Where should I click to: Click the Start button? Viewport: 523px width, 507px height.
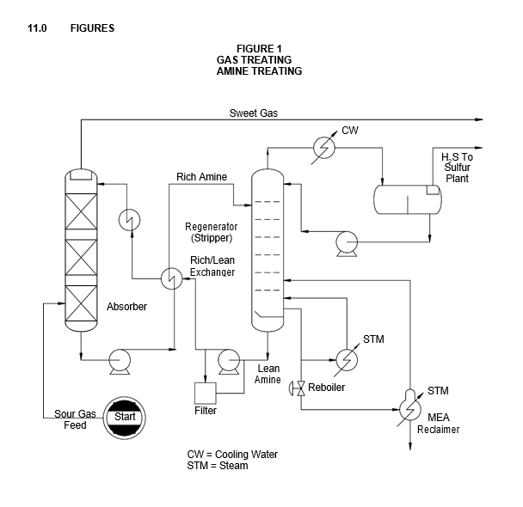tap(125, 418)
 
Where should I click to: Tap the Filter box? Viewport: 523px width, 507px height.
tap(205, 394)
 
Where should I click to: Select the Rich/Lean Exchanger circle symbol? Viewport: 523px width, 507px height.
tap(172, 278)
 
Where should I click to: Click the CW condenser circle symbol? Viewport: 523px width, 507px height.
tap(324, 148)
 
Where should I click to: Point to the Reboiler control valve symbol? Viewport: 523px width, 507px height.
tap(298, 388)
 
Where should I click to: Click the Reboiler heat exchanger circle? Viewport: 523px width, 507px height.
tap(347, 360)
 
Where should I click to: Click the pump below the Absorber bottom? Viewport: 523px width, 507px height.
tap(120, 362)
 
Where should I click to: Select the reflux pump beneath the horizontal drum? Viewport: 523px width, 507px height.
tap(347, 243)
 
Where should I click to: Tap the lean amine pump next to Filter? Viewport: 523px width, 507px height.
tap(229, 362)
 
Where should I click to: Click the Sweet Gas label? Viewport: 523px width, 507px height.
tap(254, 113)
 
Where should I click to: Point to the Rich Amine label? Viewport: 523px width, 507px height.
tap(201, 176)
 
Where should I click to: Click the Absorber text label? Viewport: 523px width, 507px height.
tap(126, 307)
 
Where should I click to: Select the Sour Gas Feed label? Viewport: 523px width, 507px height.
tap(75, 419)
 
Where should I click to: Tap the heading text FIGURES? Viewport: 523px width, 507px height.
tap(92, 28)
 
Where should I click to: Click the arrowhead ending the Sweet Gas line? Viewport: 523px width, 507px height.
tap(479, 119)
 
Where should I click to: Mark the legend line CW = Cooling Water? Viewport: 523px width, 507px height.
tap(232, 455)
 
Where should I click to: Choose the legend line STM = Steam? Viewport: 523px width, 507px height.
tap(218, 466)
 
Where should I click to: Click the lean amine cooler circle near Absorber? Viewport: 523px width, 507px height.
tap(129, 220)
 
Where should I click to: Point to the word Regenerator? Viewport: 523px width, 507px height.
tap(211, 227)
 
